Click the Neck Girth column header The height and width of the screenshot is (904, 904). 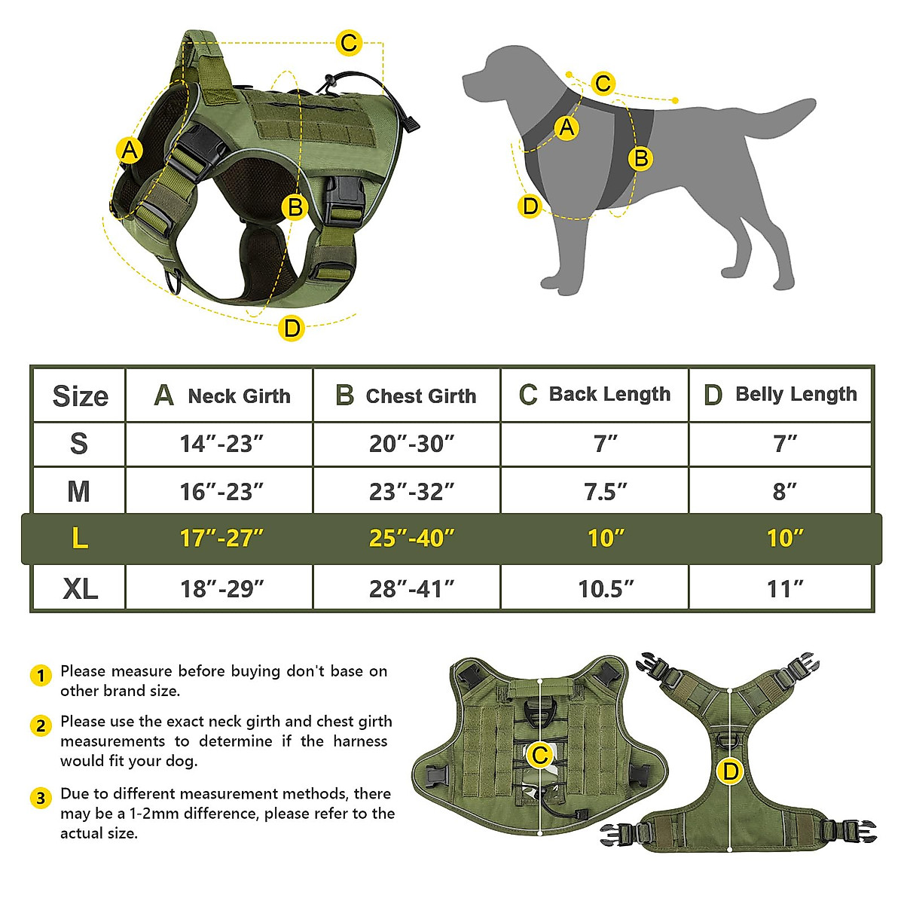221,395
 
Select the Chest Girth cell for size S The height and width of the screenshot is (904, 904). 411,444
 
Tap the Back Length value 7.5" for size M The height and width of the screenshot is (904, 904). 605,491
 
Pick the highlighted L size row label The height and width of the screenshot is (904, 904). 79,539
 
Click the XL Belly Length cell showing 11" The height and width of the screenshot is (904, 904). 784,588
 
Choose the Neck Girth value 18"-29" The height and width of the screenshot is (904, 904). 221,588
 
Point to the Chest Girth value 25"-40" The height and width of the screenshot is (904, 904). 411,539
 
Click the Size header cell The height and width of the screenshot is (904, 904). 80,395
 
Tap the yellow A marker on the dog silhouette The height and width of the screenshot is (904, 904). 567,127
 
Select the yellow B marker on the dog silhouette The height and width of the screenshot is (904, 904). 640,158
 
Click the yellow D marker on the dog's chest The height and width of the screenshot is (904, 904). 530,206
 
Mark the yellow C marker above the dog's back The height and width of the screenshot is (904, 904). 603,83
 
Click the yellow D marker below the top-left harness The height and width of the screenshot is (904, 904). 292,328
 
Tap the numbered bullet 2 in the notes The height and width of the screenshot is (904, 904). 41,725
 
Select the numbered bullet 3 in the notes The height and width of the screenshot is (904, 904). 41,798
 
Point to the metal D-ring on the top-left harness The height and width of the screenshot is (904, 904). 176,281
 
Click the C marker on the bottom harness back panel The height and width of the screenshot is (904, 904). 540,755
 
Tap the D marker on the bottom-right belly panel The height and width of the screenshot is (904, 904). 730,771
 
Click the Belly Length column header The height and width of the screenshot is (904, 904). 780,395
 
